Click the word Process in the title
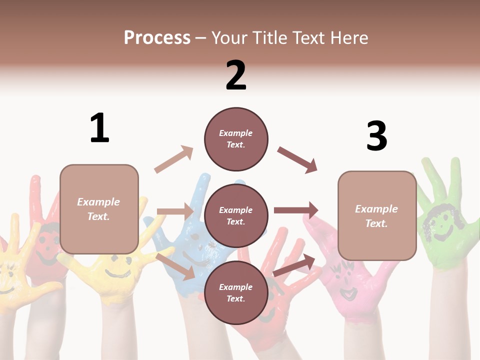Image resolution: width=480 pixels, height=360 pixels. (x=157, y=38)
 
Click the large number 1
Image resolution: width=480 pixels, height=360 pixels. (x=99, y=128)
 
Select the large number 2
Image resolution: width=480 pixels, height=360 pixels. (x=236, y=75)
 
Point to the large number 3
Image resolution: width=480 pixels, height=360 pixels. (x=376, y=136)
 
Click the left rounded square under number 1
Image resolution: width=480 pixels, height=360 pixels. (x=99, y=209)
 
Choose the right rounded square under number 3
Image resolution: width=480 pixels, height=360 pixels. (x=377, y=215)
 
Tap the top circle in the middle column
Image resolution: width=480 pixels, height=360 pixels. (x=236, y=139)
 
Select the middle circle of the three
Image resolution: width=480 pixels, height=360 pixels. (x=236, y=215)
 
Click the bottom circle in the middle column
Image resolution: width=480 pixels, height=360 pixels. (x=236, y=292)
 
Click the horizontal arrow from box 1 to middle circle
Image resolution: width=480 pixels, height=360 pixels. (x=175, y=211)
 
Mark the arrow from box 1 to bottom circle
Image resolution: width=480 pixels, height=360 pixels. (x=175, y=266)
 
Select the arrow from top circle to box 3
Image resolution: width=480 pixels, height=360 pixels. (x=297, y=159)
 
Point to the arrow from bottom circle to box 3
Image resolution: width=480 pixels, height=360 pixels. (x=294, y=265)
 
